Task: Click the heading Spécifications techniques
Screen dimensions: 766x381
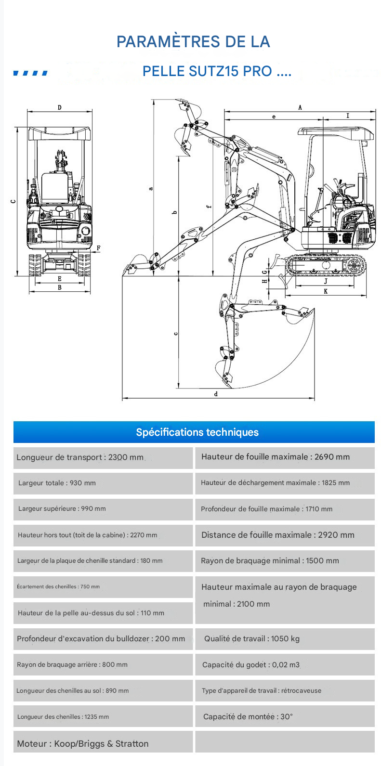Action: (x=197, y=432)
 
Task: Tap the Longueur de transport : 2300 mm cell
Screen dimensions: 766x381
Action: (x=103, y=458)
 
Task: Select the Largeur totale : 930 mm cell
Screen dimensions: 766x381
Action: (x=103, y=483)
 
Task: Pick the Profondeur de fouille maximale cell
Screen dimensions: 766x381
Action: (x=284, y=509)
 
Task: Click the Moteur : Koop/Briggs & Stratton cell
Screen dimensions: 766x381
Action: (x=103, y=744)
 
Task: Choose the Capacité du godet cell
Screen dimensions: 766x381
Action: (x=284, y=665)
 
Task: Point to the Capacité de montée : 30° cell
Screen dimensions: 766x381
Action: (x=284, y=717)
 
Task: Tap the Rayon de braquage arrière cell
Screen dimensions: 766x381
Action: (x=103, y=665)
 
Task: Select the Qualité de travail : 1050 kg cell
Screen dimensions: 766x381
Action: (x=284, y=639)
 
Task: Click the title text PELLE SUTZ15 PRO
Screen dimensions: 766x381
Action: (x=207, y=71)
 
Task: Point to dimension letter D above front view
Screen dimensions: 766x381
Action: (x=60, y=107)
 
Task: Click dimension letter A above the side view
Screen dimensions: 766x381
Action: (x=300, y=107)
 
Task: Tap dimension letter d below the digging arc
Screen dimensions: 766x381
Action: (x=216, y=394)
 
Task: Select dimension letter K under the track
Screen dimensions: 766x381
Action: (x=326, y=291)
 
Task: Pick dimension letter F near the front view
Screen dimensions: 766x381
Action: (x=99, y=248)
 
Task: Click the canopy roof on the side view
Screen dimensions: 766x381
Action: (x=335, y=131)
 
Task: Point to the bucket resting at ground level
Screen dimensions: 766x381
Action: (x=136, y=267)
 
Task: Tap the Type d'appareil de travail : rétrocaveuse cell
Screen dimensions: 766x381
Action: (x=284, y=691)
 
